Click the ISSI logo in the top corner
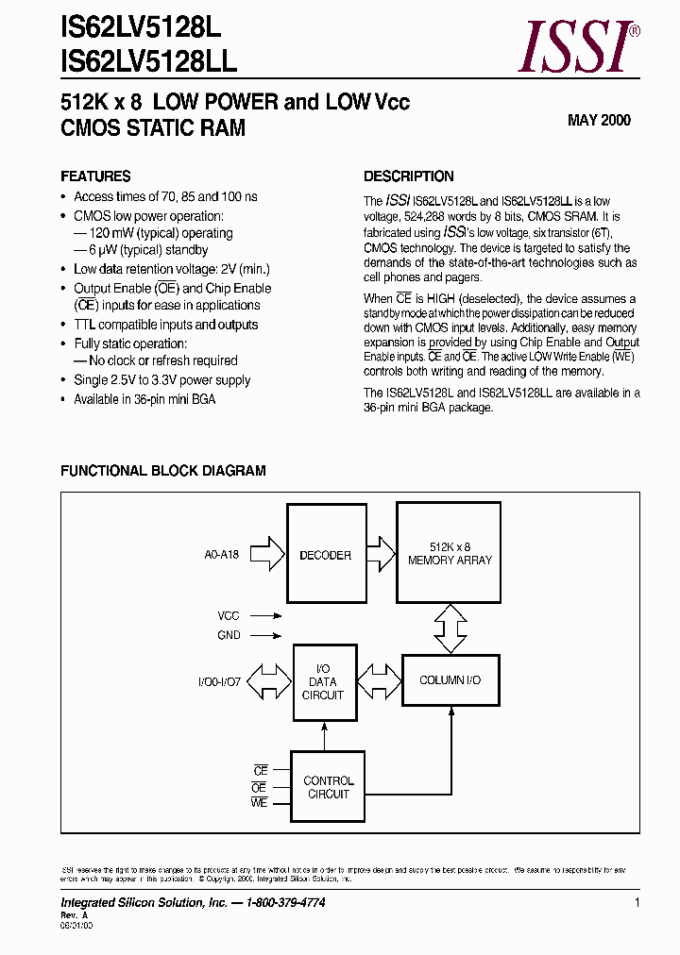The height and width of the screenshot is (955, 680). (x=580, y=47)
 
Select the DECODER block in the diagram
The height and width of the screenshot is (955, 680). (x=325, y=555)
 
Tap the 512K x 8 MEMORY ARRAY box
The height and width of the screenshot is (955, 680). (x=450, y=553)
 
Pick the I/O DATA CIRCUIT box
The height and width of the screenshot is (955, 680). (x=323, y=681)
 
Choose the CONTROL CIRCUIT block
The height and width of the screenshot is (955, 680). (x=328, y=787)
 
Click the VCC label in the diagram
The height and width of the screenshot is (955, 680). (x=229, y=615)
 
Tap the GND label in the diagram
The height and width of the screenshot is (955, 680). (x=229, y=635)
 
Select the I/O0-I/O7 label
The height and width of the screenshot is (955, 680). (x=220, y=681)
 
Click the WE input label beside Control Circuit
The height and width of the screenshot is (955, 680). (x=260, y=803)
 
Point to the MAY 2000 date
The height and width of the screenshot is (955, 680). (x=599, y=120)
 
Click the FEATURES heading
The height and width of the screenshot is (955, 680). (x=95, y=176)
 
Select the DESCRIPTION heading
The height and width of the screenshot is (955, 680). (x=408, y=176)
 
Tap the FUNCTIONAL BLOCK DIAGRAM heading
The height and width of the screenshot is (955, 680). (x=162, y=470)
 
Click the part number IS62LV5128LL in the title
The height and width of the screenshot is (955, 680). (x=148, y=62)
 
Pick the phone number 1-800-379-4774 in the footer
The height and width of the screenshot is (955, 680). (x=286, y=903)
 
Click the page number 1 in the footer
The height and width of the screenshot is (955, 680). (x=637, y=903)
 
